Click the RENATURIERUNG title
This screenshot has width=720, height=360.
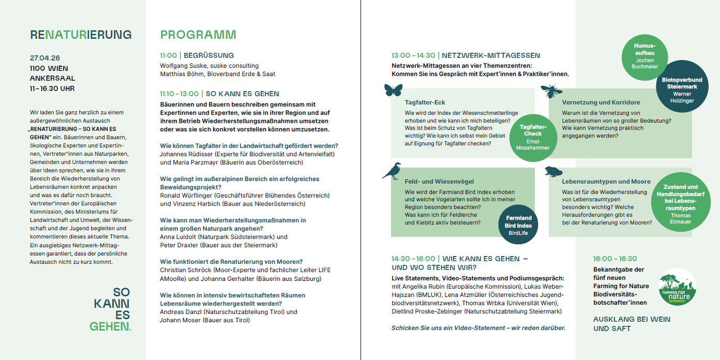[x=81, y=35]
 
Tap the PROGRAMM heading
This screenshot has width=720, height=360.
[x=198, y=35]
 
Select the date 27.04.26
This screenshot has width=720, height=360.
[x=45, y=58]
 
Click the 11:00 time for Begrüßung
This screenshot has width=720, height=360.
[x=168, y=55]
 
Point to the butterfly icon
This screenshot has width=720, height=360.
[x=393, y=91]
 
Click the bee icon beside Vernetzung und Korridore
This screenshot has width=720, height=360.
[x=551, y=92]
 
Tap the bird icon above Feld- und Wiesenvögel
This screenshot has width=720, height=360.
[x=392, y=171]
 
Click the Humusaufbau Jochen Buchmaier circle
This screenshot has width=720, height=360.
[x=644, y=56]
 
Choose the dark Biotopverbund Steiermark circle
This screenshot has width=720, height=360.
[x=682, y=89]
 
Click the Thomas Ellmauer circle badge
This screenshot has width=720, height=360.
[x=680, y=204]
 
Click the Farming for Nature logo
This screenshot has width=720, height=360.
[x=678, y=287]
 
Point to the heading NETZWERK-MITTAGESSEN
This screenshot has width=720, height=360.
[x=491, y=55]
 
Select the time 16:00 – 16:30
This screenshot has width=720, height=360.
[x=615, y=259]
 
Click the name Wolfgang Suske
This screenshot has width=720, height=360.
[x=182, y=66]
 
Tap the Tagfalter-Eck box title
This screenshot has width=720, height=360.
[x=425, y=102]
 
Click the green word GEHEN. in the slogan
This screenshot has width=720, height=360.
[x=110, y=326]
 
